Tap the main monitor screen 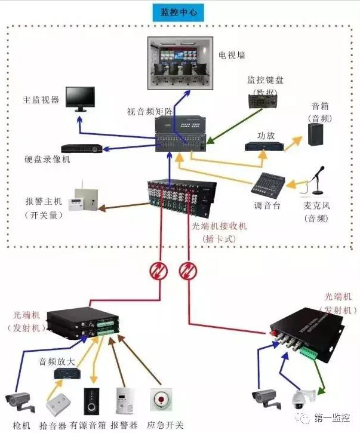point(80,97)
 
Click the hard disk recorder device point(81,147)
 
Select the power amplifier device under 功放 point(263,146)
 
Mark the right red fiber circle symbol point(187,271)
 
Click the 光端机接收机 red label point(219,227)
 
